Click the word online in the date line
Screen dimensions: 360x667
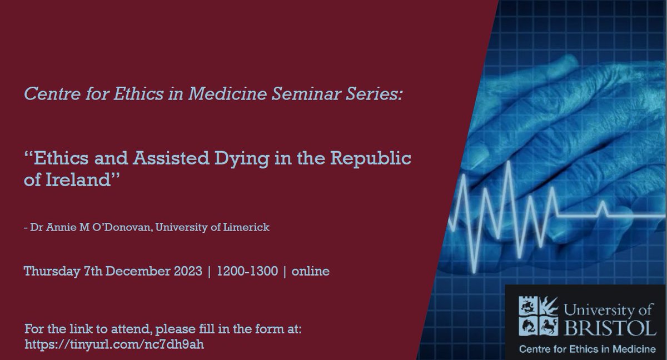coord(311,272)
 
